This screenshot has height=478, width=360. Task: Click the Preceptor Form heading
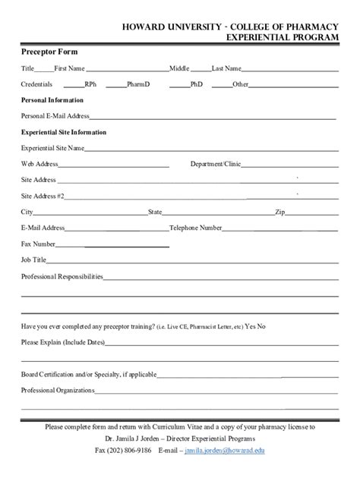[49, 52]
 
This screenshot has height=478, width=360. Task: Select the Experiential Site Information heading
[64, 132]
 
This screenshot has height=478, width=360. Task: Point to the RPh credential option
[90, 84]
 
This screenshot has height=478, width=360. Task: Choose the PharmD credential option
[138, 84]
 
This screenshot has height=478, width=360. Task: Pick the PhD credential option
[197, 84]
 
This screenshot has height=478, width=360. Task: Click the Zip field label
[279, 212]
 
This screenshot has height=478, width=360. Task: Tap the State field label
[155, 212]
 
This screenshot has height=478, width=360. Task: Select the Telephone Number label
[196, 228]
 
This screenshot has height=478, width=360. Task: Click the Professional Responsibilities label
[62, 276]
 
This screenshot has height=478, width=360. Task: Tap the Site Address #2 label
[43, 196]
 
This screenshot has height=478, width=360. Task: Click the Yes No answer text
[256, 326]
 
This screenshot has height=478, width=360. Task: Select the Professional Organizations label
[58, 390]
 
